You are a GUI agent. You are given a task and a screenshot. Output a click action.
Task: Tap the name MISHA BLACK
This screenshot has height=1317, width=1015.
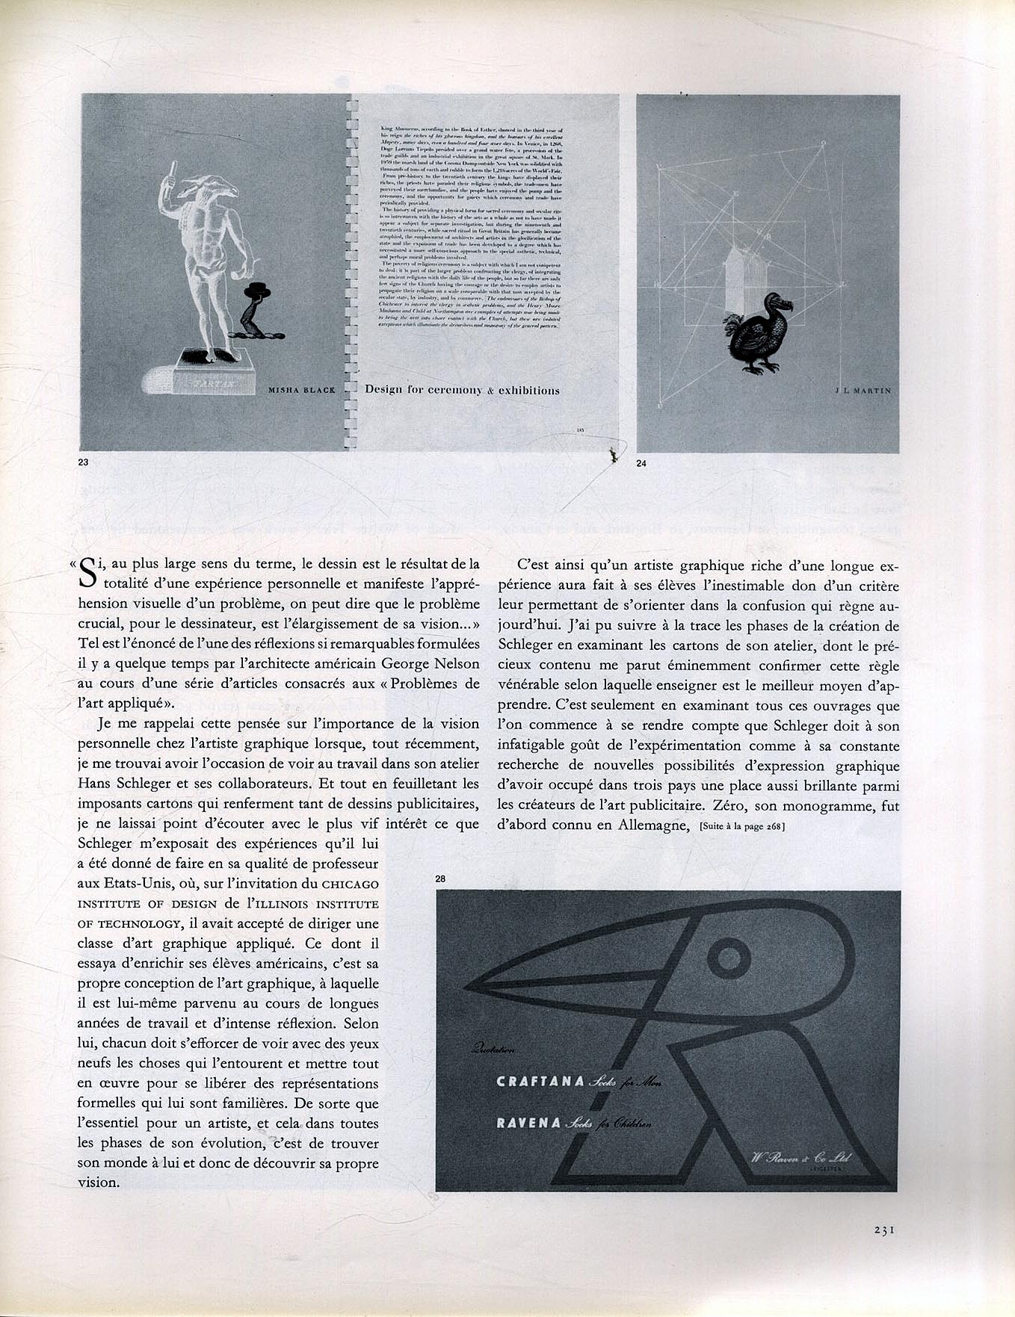301,390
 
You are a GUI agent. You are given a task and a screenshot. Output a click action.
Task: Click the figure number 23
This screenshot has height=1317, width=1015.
83,462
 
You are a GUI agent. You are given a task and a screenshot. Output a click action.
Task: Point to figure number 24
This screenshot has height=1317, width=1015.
641,463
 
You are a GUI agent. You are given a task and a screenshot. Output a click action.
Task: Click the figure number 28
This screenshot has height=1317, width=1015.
440,878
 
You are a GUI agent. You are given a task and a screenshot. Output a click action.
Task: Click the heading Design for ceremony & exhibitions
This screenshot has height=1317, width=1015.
462,390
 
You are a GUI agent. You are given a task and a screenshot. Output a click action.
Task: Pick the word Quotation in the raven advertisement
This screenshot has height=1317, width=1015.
490,1050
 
